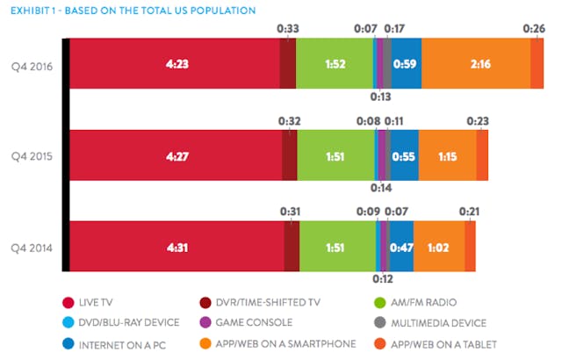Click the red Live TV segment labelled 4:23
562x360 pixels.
pos(174,64)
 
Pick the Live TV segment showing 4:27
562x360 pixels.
pos(176,155)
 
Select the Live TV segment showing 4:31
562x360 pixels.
pos(177,247)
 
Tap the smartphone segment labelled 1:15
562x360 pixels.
pos(447,155)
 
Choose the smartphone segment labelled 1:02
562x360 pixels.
pos(438,247)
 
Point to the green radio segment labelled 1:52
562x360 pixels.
pos(335,64)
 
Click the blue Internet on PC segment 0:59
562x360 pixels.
pos(407,64)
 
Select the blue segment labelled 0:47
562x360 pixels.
pos(401,247)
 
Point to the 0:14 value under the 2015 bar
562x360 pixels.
pos(381,187)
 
